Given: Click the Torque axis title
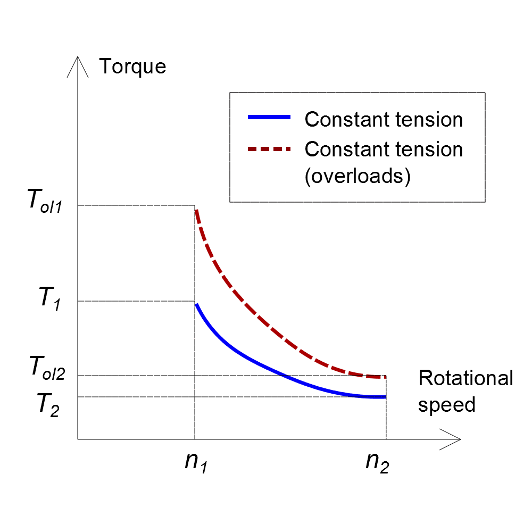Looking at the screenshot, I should (132, 66).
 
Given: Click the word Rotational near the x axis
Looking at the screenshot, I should (465, 379).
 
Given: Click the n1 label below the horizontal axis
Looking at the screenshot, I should (195, 461).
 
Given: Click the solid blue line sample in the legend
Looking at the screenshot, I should (269, 119).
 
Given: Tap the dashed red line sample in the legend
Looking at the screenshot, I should (269, 149).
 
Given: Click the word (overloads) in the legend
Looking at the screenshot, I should (358, 177).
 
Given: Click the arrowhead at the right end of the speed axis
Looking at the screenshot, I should (455, 439).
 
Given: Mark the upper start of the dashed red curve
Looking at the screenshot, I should (196, 211).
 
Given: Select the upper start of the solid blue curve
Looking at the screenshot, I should (196, 305).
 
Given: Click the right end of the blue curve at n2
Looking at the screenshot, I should (385, 397).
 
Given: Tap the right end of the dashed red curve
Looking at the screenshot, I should (385, 377).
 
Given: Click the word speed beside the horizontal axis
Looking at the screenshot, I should (446, 405).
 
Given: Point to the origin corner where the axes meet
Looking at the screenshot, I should (78, 439).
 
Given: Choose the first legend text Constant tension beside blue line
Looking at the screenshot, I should (384, 120).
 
